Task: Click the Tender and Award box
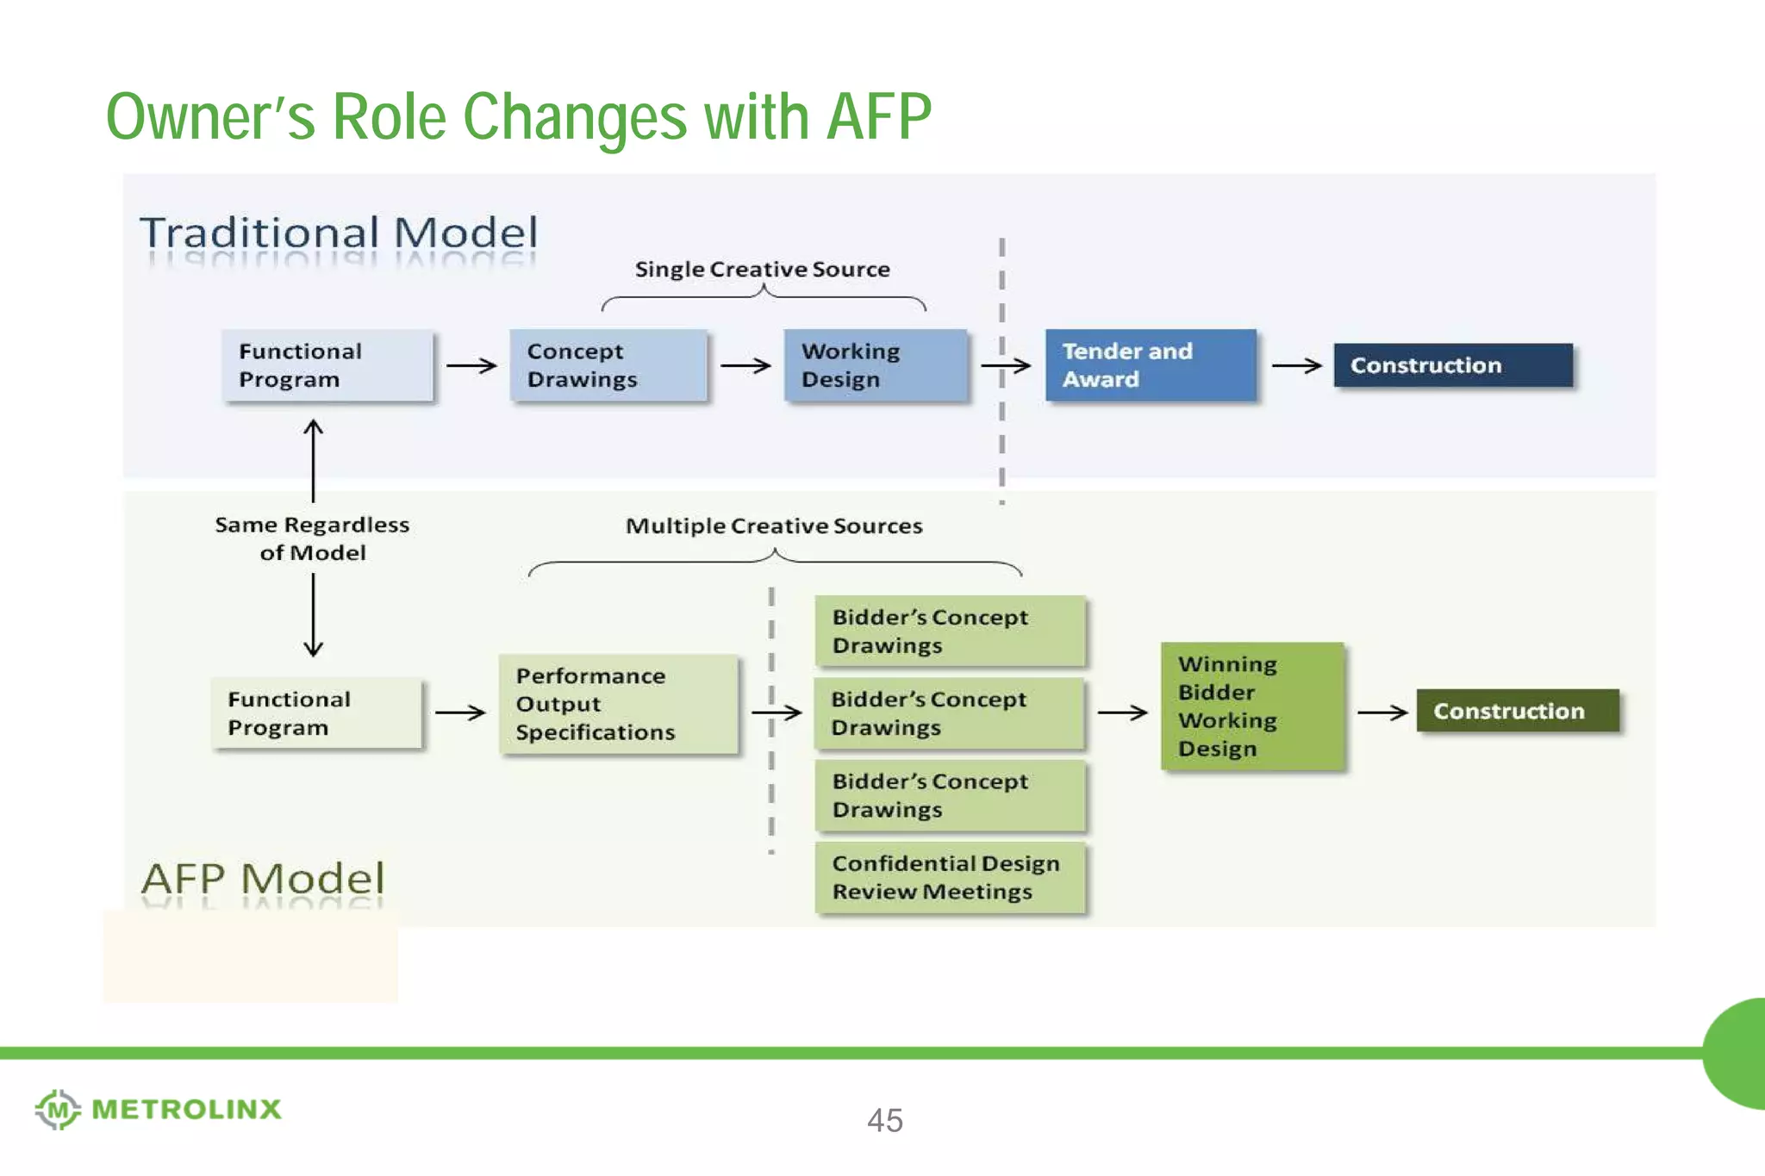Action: pos(1150,365)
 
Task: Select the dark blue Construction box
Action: pos(1452,365)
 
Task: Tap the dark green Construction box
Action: pos(1517,711)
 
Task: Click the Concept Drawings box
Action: pos(608,365)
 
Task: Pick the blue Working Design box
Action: pos(875,365)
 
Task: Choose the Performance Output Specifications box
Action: pos(618,704)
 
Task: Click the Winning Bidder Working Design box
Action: pos(1251,706)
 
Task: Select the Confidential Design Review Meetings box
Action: pos(949,877)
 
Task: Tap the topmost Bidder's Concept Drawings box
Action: pos(949,631)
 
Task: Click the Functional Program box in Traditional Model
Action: pos(327,365)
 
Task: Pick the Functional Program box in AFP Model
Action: pos(316,713)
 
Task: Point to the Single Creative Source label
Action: pos(762,270)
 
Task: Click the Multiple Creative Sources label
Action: pos(773,526)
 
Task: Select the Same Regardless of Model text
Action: pos(312,538)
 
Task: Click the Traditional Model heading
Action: pos(339,233)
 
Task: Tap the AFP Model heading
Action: pos(263,879)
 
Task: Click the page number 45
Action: pos(884,1120)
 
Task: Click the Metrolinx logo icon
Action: pos(57,1109)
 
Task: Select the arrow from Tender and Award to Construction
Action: pos(1295,366)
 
